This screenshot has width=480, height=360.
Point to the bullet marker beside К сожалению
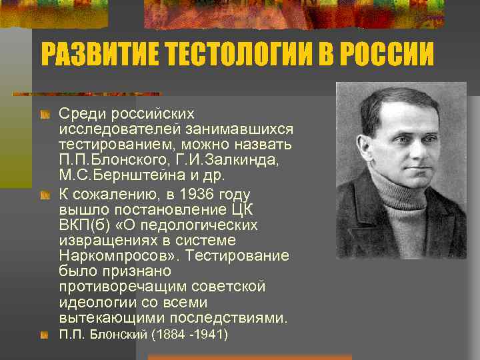pyautogui.click(x=45, y=195)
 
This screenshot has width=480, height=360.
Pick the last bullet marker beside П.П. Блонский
pyautogui.click(x=45, y=334)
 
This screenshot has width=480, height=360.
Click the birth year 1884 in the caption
pyautogui.click(x=167, y=334)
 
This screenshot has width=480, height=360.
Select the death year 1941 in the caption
pyautogui.click(x=211, y=334)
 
